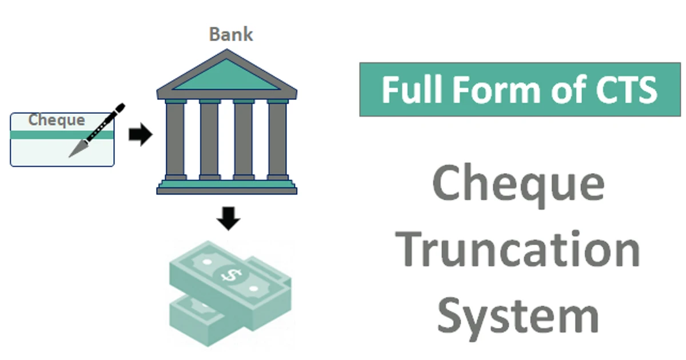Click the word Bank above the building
pos(230,34)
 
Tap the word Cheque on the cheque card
pos(57,121)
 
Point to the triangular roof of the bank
pos(227,76)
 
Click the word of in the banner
pos(557,90)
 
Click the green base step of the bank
pos(227,184)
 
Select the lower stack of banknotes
pos(194,320)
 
